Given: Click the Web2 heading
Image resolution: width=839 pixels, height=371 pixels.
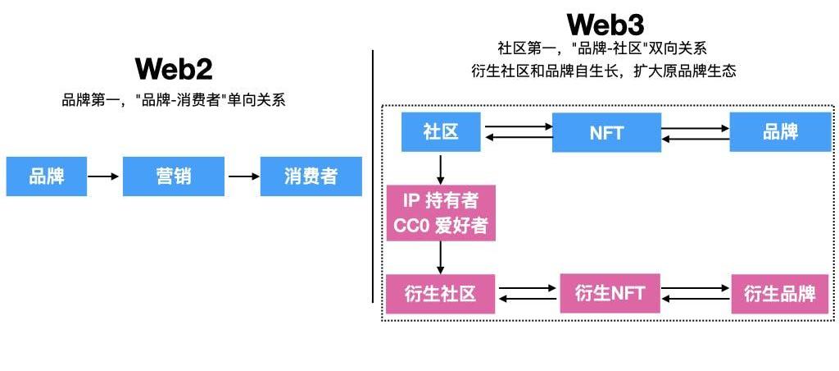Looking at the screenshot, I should coord(174,69).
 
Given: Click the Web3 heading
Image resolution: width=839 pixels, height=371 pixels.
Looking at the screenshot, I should coord(604,24).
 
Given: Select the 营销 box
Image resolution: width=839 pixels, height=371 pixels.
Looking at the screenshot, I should coord(174,176).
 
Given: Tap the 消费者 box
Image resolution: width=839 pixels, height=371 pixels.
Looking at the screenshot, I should coord(311,176).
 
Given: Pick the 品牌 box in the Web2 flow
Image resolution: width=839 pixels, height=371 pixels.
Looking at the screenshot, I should coord(47,176).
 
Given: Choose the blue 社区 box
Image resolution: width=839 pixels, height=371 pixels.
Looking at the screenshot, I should coord(441,132).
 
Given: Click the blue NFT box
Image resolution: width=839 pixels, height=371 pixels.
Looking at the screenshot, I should coord(606,133).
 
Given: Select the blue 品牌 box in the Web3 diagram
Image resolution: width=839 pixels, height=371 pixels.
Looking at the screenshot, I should coord(780,132).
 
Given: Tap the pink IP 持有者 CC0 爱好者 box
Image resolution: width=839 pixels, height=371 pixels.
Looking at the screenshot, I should coord(441,213).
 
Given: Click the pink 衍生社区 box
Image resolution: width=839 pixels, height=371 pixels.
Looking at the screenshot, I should coord(440,294).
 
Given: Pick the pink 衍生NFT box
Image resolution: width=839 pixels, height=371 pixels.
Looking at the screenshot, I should coord(610,293).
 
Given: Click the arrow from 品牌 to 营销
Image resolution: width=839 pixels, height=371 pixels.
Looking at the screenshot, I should coord(104,176).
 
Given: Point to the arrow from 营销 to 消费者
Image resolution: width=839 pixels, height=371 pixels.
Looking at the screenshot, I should coord(243,176).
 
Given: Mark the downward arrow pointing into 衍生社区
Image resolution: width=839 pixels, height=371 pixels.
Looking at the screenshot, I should coord(441,258).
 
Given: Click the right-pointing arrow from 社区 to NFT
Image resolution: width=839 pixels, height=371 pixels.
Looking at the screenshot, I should coord(518,127).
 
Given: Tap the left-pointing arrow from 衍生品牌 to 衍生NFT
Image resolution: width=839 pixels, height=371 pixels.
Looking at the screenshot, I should coord(696,299).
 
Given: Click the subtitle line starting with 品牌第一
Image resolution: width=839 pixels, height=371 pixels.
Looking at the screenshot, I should coord(173,101).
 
